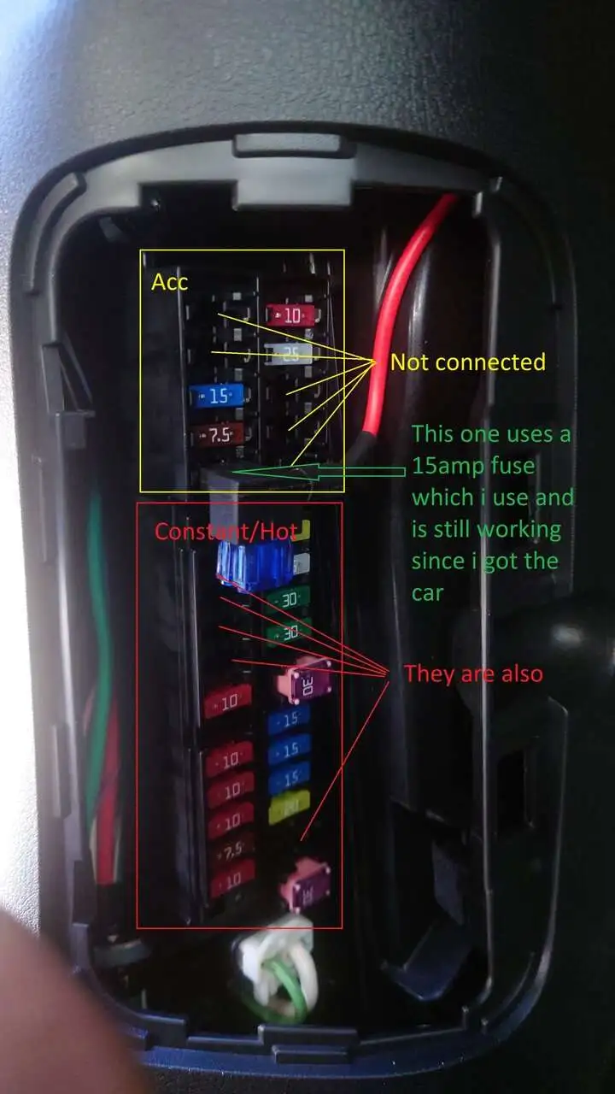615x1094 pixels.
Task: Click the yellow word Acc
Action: (x=170, y=282)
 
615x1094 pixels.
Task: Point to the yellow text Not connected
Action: (x=467, y=362)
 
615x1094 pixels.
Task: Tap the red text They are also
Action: (x=473, y=673)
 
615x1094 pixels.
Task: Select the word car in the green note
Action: (x=428, y=593)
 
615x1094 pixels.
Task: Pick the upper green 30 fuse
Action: (x=287, y=600)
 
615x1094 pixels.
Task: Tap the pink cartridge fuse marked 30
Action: (x=304, y=683)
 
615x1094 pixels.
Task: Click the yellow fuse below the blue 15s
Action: (x=289, y=807)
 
